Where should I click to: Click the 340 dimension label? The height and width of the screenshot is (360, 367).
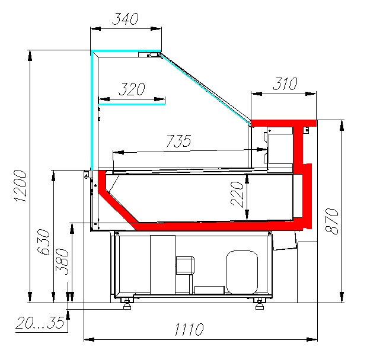point(126,19)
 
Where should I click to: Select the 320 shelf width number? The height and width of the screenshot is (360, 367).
point(132,89)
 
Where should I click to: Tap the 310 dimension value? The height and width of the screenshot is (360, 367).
point(285,83)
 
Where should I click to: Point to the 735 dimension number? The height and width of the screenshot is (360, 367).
point(178,141)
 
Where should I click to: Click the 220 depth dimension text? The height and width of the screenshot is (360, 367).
point(237,194)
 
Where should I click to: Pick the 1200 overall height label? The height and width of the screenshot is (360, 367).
point(20,186)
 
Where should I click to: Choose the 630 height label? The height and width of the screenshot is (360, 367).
point(43,242)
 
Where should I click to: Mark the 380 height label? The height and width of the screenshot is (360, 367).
point(62,262)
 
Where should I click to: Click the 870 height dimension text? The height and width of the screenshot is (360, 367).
point(332,221)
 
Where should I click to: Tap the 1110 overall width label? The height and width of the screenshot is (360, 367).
point(189,329)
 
